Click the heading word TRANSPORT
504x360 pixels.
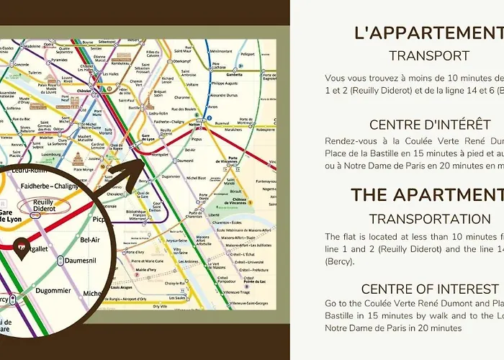click(429, 55)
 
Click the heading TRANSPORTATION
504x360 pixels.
click(429, 218)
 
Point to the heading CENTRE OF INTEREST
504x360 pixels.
click(429, 289)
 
